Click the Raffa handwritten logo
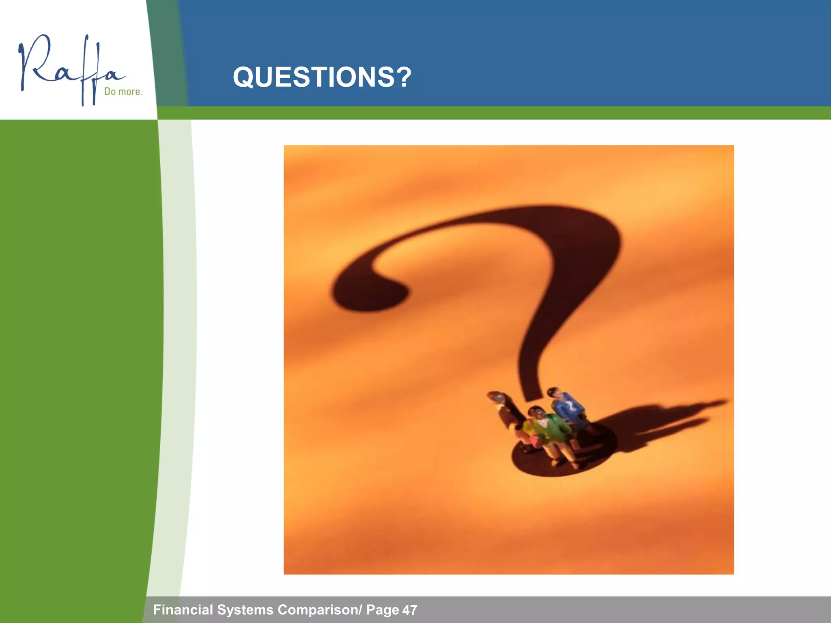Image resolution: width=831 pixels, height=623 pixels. (x=71, y=69)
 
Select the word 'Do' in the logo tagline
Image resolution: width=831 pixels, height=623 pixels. (x=110, y=92)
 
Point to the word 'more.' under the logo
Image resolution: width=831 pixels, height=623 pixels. (x=130, y=92)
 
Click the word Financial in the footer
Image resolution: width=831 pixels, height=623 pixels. (x=183, y=610)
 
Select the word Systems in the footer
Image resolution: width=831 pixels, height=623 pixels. (x=245, y=610)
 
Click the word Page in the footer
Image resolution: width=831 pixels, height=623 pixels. (x=383, y=610)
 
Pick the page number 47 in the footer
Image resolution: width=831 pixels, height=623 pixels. (x=410, y=610)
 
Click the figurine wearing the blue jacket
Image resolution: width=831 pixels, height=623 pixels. (x=569, y=414)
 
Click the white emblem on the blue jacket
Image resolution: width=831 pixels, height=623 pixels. (x=570, y=406)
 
